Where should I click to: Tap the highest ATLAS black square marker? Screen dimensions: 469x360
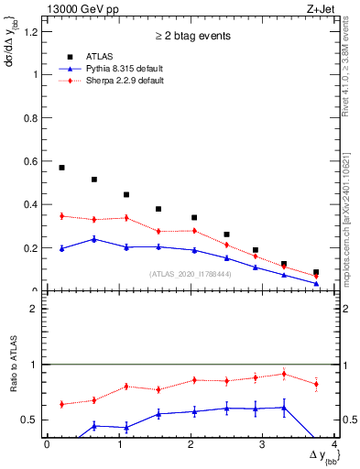(61, 168)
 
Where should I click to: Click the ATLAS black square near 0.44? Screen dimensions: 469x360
(125, 194)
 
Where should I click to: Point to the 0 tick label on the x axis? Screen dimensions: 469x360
(47, 445)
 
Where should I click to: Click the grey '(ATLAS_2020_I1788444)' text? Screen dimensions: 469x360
(191, 273)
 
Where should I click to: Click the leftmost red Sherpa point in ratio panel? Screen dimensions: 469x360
(61, 404)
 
